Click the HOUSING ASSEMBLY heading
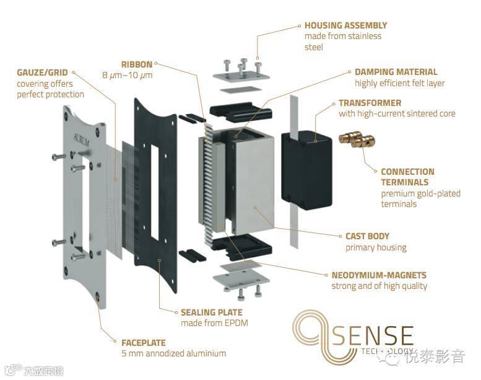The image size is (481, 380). pos(345,25)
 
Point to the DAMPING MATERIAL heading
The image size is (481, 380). pos(396,72)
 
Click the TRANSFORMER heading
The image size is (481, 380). pos(370,103)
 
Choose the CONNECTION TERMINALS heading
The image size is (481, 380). pos(407,177)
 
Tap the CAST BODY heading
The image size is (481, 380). pos(367,236)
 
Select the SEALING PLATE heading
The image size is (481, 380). pos(211,312)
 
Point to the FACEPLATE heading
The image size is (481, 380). pos(144,342)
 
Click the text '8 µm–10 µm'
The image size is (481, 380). pos(127,76)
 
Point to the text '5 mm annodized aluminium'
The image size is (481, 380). pos(174,353)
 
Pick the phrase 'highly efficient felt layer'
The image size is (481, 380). pos(399,83)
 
